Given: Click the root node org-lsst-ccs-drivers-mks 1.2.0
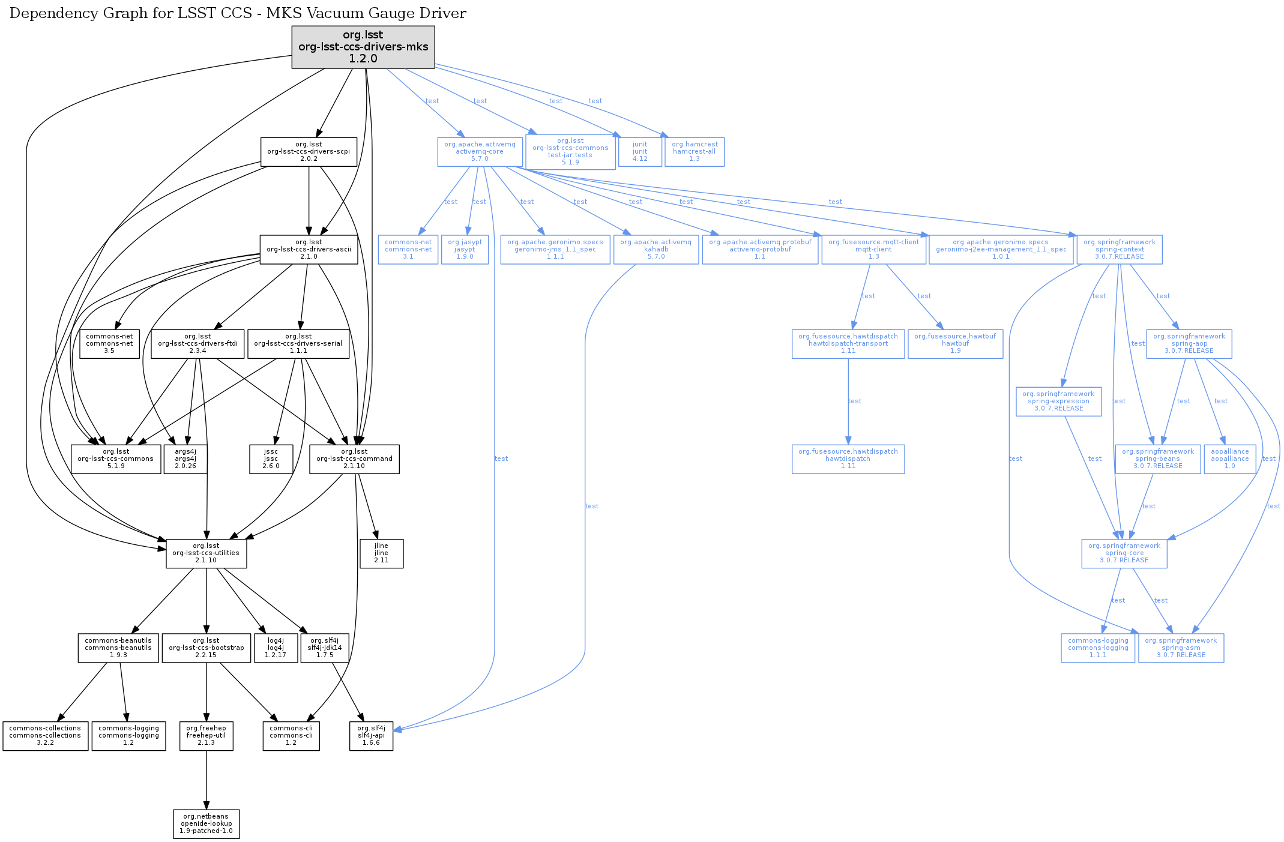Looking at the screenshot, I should pos(363,47).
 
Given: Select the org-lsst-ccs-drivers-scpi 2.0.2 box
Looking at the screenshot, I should pos(309,152).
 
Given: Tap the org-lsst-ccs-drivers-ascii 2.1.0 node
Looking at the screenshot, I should pos(309,249).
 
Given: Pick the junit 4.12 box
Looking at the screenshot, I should pos(640,152).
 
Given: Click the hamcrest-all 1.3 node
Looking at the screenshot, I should pos(695,152).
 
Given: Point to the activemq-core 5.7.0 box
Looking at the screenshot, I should pos(480,152).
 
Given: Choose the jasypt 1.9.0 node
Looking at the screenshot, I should pos(465,249).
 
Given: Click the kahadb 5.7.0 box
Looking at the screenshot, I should pos(656,249).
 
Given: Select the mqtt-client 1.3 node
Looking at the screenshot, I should pos(873,249).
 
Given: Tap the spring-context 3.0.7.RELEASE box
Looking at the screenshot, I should pos(1119,249).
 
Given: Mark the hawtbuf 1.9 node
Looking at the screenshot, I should pos(955,344).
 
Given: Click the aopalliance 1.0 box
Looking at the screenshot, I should pos(1229,459).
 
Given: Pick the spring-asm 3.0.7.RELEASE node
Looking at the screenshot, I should pos(1181,648).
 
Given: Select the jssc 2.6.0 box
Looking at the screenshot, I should pos(271,459).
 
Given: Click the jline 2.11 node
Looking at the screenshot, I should pos(381,553).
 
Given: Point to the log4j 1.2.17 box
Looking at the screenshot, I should pos(276,648).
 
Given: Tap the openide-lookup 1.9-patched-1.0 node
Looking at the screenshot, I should pos(206,824).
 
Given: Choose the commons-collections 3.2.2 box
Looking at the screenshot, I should pos(45,736).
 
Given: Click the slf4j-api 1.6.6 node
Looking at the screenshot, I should pos(371,736).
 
